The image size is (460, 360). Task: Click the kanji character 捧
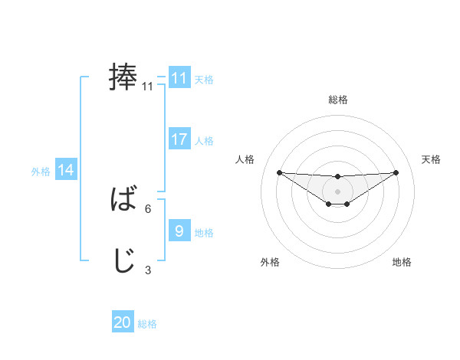click(123, 77)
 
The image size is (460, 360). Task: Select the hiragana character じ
click(123, 261)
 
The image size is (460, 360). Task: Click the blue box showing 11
click(179, 78)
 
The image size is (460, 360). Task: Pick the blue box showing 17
click(179, 139)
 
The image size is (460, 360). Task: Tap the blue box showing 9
click(179, 231)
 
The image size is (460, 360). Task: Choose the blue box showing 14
click(66, 171)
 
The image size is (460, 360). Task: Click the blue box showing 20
click(123, 323)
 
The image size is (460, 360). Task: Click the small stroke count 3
click(148, 270)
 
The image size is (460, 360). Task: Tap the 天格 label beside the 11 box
click(204, 79)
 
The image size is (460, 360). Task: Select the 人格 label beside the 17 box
click(204, 140)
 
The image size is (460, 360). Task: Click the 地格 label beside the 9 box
click(204, 232)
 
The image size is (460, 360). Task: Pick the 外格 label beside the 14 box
click(41, 172)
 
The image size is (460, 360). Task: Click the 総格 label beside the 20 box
click(147, 324)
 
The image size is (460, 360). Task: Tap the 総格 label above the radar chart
click(338, 100)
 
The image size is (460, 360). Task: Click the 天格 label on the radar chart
click(431, 159)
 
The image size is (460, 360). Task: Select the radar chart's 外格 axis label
click(270, 262)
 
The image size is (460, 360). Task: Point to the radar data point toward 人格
click(279, 172)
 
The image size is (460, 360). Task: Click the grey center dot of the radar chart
click(337, 191)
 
